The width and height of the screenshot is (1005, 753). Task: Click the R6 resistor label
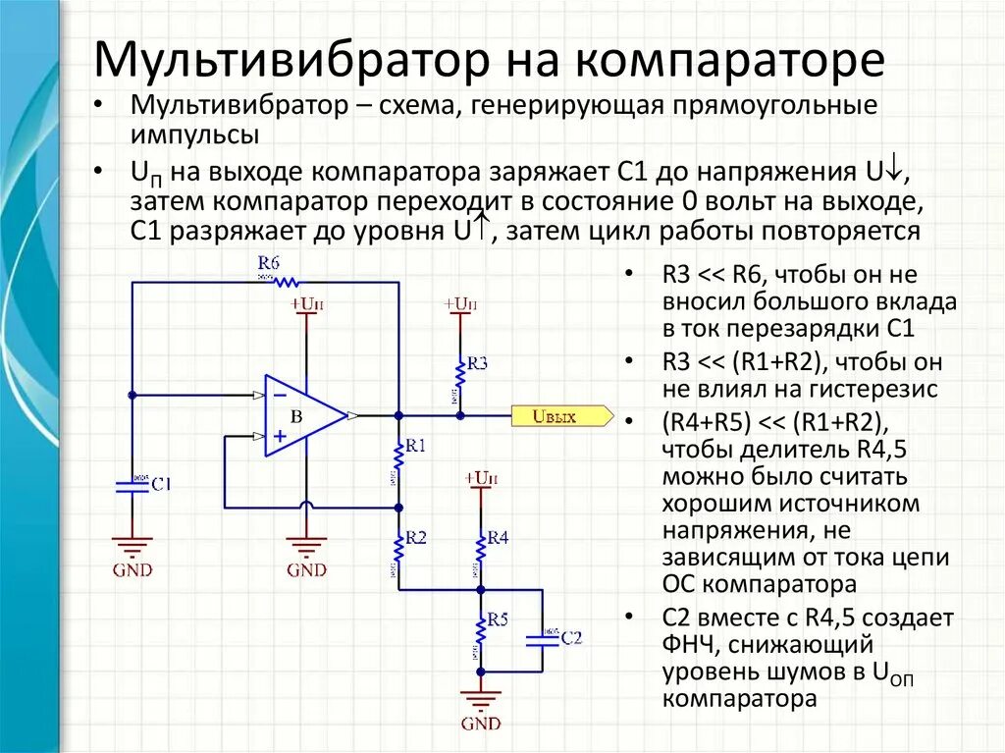tap(269, 263)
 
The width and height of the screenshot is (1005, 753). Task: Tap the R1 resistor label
tap(416, 447)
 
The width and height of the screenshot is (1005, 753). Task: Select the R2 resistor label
tap(416, 538)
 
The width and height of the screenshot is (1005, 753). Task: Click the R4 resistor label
tap(498, 538)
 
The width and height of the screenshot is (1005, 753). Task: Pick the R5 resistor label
tap(498, 620)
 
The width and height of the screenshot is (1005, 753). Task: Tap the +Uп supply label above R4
tap(481, 478)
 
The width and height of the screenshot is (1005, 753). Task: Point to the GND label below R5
tap(481, 725)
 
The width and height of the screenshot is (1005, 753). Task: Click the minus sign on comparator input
tap(281, 394)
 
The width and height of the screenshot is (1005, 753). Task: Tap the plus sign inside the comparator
tap(281, 435)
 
